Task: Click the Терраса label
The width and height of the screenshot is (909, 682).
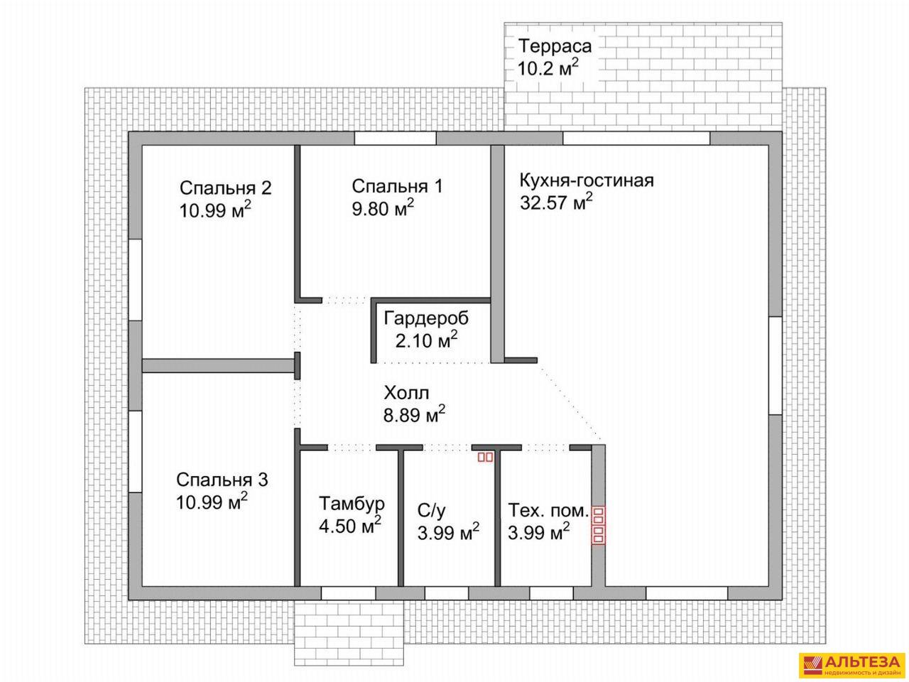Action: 555,45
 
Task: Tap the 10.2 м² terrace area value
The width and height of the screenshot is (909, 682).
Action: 548,68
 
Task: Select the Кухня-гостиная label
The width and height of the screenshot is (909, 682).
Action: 587,181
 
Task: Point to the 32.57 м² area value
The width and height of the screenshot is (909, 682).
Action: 556,202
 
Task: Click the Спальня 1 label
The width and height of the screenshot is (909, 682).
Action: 397,186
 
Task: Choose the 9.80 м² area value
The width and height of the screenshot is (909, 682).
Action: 383,208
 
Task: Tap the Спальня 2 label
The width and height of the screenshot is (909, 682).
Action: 225,188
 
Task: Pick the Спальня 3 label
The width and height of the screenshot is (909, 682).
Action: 222,480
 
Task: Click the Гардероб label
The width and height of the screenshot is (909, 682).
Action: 426,318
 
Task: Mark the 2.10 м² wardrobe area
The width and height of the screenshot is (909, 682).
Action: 426,340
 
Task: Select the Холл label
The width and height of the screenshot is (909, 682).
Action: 405,393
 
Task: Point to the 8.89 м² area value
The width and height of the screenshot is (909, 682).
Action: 414,414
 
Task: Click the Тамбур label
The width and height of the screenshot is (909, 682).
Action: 352,504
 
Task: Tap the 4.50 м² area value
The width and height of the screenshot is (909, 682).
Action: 350,526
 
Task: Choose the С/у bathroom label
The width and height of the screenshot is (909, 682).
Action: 431,511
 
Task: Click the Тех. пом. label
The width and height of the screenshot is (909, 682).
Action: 548,511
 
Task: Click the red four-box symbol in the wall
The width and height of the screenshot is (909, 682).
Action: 598,525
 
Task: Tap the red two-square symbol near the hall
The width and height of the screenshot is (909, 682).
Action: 485,457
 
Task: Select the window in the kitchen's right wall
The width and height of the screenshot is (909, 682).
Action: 775,366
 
